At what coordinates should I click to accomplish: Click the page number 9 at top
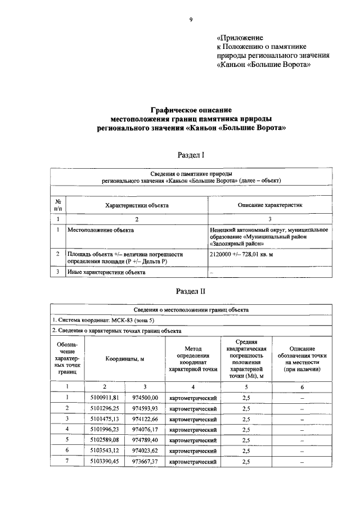(x=191, y=20)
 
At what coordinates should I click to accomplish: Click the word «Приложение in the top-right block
(x=240, y=37)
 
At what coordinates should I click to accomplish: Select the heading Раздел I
(x=191, y=155)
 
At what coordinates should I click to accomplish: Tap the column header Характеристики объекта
(x=137, y=205)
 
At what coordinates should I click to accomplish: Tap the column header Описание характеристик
(x=270, y=205)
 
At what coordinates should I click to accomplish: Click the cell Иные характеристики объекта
(x=106, y=272)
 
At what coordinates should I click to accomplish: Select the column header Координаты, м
(x=124, y=358)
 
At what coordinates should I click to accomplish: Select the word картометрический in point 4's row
(x=193, y=430)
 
